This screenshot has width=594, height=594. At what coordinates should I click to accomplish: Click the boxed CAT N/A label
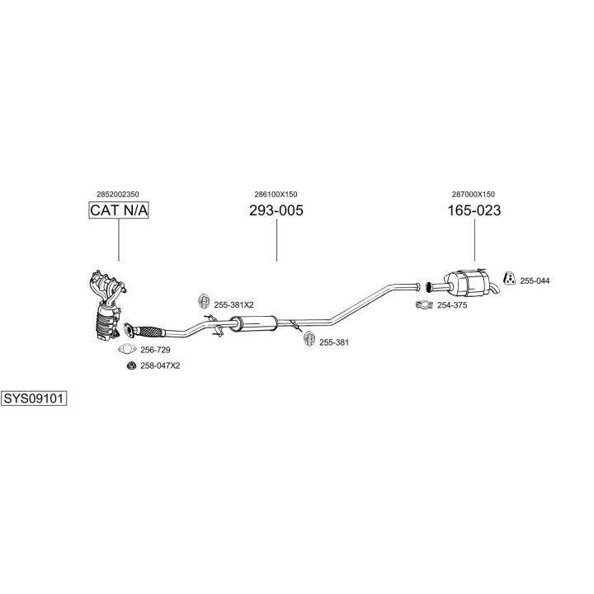pos(119,210)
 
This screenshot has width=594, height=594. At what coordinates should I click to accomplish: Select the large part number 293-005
pos(276,210)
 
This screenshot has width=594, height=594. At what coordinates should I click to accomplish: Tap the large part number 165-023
pos(474,210)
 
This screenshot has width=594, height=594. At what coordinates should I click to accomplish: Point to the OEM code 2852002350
pos(118,195)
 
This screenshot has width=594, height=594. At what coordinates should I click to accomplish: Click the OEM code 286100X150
pos(276,195)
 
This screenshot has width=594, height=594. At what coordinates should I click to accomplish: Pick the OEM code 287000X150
pos(474,195)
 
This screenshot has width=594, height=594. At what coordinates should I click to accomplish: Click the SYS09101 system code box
pos(34,398)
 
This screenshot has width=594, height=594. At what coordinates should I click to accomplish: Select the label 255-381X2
pos(233,305)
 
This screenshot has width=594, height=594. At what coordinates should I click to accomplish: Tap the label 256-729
pos(155,350)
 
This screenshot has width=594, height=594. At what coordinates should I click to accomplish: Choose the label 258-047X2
pos(160,366)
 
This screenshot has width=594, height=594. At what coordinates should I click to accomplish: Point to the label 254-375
pos(452,305)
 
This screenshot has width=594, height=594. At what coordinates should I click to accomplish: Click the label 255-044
pos(535,281)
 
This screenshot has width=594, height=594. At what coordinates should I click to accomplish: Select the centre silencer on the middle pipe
pos(253,323)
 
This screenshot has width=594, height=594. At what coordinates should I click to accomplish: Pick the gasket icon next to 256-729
pos(127,349)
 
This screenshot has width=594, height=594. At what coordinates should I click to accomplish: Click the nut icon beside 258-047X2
pos(131,366)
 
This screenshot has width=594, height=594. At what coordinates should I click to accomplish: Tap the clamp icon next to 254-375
pos(424,304)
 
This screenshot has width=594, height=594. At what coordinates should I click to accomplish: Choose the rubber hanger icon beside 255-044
pos(510,278)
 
